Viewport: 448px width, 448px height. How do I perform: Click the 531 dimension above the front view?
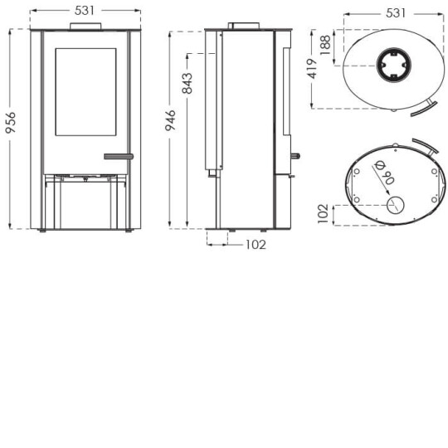pos(85,11)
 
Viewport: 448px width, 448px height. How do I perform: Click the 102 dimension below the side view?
pos(256,244)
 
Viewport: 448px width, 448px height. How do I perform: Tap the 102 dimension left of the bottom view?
pos(324,214)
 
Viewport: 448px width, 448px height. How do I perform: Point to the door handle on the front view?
pos(118,155)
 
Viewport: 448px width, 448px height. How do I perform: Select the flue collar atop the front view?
pos(85,27)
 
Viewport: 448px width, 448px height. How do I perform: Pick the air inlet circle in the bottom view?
pos(396,205)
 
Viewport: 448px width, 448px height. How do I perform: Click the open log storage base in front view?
pos(85,203)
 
